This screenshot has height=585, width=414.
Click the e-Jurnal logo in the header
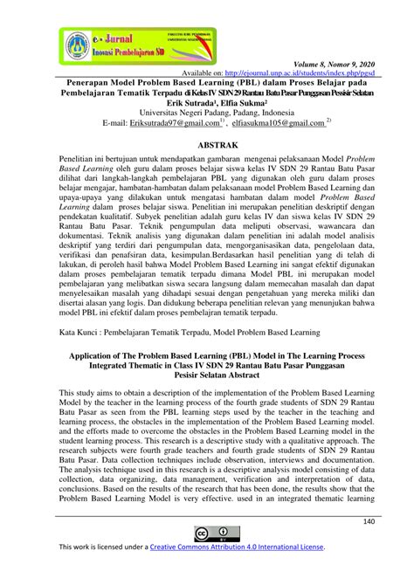pyautogui.click(x=96, y=41)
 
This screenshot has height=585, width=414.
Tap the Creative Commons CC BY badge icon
pyautogui.click(x=207, y=535)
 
